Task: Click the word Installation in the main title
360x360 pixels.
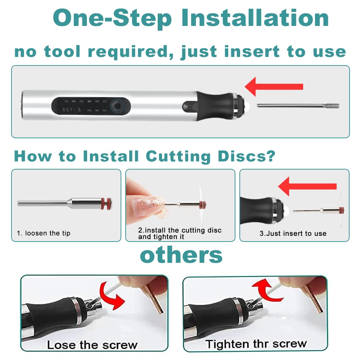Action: point(255,18)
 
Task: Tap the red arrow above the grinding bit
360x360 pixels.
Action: point(274,86)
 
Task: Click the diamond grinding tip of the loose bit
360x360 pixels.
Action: point(331,106)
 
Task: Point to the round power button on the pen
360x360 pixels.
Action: point(118,106)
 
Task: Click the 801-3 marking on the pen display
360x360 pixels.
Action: point(72,110)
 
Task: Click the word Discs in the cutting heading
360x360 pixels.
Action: point(246,157)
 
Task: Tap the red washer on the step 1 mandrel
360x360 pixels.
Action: point(107,204)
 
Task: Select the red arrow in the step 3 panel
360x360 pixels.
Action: point(307,186)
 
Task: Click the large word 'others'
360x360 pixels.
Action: point(181,255)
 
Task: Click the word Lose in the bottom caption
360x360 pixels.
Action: point(61,345)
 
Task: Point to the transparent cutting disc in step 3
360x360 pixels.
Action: point(341,210)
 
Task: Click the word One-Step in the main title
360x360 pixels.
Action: point(112,19)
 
